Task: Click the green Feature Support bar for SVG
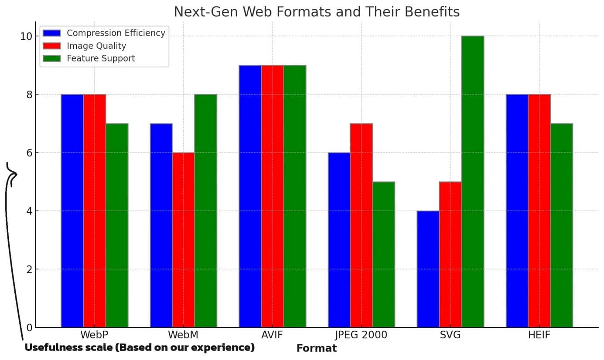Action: (x=473, y=182)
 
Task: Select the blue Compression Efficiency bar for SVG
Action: (x=428, y=269)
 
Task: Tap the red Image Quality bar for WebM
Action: (x=183, y=240)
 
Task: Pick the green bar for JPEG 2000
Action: (x=384, y=255)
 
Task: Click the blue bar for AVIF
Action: (x=250, y=196)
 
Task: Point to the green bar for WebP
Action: (x=117, y=225)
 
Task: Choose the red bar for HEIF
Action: (x=539, y=211)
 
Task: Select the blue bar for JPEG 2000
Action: (x=339, y=240)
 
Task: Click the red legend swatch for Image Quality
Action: (x=52, y=46)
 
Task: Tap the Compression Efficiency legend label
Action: (x=116, y=33)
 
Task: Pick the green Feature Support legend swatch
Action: (x=52, y=58)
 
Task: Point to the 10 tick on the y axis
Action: (x=27, y=36)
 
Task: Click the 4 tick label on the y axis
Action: (x=29, y=211)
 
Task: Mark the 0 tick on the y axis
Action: (x=29, y=328)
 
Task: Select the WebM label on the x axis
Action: (x=183, y=335)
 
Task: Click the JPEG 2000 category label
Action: (x=361, y=335)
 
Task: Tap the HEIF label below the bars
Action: (x=539, y=335)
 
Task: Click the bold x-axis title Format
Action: (x=317, y=348)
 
